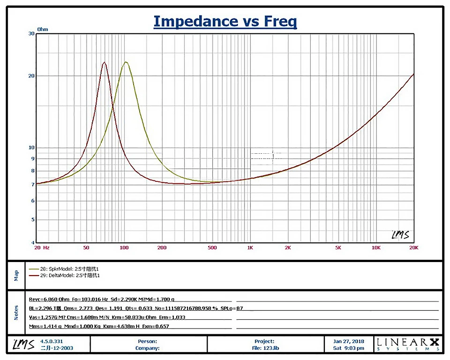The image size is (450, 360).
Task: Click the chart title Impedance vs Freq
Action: (225, 21)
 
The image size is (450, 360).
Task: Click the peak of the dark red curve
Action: (105, 62)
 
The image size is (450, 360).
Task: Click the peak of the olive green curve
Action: (126, 62)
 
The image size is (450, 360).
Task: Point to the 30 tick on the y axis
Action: (32, 34)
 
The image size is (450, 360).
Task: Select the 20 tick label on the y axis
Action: (32, 76)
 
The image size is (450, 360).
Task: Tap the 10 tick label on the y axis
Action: (32, 148)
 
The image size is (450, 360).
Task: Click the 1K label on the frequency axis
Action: (250, 247)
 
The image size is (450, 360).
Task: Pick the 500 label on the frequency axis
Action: (212, 247)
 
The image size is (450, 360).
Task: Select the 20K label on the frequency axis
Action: (412, 247)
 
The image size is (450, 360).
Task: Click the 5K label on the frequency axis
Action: (338, 247)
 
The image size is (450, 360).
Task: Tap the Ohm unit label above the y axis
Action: (43, 29)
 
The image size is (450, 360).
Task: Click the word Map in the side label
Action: (16, 275)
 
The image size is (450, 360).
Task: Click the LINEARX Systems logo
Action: (408, 345)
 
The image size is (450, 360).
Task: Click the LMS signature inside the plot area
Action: (399, 234)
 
